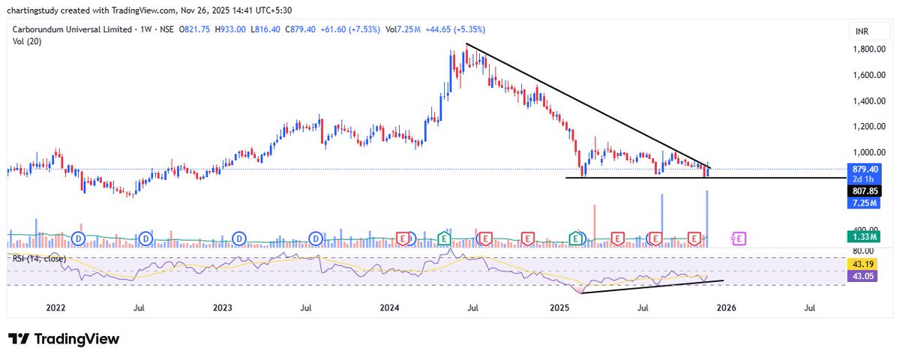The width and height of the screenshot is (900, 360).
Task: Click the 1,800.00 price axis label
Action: point(869,49)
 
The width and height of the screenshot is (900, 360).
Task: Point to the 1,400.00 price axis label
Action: point(869,100)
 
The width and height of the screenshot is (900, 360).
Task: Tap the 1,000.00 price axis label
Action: point(869,151)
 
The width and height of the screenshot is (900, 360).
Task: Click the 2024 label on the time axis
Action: point(390,307)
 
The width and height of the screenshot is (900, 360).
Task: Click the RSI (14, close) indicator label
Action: point(38,259)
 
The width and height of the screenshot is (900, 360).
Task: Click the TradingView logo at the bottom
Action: point(64,339)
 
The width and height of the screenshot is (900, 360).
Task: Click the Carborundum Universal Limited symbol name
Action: point(73,29)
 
